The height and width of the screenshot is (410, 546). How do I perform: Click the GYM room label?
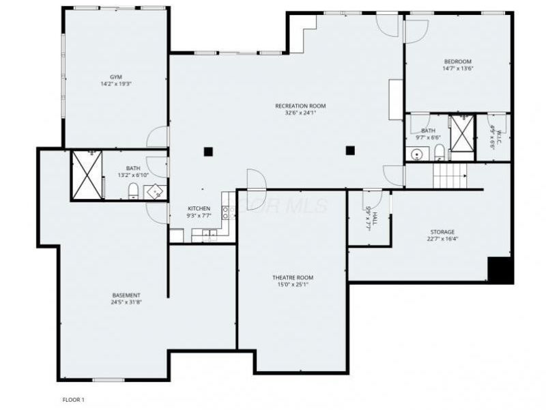coord(115,77)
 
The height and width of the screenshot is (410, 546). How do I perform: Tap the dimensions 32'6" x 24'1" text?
coord(300,113)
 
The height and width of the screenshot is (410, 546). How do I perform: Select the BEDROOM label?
coord(457,61)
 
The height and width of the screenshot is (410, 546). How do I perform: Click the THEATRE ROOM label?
coord(293,277)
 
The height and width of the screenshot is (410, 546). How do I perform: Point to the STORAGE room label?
coord(442,232)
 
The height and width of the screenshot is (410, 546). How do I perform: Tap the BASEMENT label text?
coord(126,295)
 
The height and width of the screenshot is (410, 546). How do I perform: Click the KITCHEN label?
coord(199,208)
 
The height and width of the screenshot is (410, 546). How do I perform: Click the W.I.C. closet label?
coord(493,137)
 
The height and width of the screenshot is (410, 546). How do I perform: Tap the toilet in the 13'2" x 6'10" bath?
coord(133,189)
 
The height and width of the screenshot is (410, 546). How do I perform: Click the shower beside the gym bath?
coord(87,175)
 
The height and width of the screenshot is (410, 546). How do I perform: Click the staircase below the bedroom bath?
coord(450,176)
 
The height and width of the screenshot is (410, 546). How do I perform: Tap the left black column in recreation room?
coord(209,152)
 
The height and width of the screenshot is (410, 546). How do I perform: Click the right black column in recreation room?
coord(350,150)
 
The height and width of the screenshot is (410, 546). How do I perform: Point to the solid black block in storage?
coord(500,271)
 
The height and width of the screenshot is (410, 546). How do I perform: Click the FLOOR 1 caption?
coord(73,399)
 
